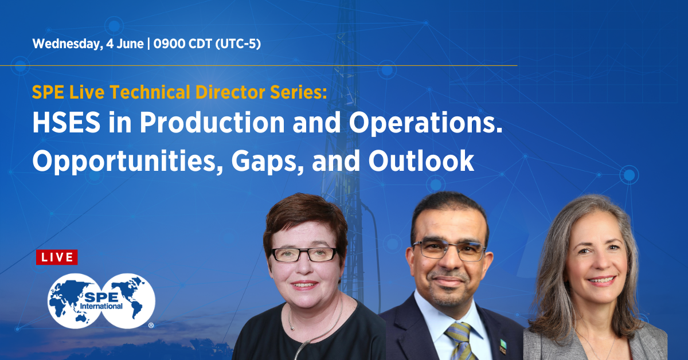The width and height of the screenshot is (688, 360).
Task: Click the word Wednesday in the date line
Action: (68, 44)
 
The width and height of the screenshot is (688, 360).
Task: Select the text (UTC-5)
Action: (238, 44)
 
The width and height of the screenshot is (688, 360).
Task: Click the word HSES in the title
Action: (67, 123)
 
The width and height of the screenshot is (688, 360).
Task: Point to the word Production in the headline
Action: (212, 122)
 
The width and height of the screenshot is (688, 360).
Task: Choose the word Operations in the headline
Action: (425, 123)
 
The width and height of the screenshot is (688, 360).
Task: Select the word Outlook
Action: (421, 161)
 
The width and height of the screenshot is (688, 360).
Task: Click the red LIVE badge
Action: (57, 257)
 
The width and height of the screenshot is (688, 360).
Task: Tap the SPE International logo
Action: (101, 301)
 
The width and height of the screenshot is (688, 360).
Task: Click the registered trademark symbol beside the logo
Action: (151, 326)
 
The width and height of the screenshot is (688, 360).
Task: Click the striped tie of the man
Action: (460, 342)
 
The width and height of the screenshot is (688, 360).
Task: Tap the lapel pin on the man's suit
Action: (503, 347)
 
